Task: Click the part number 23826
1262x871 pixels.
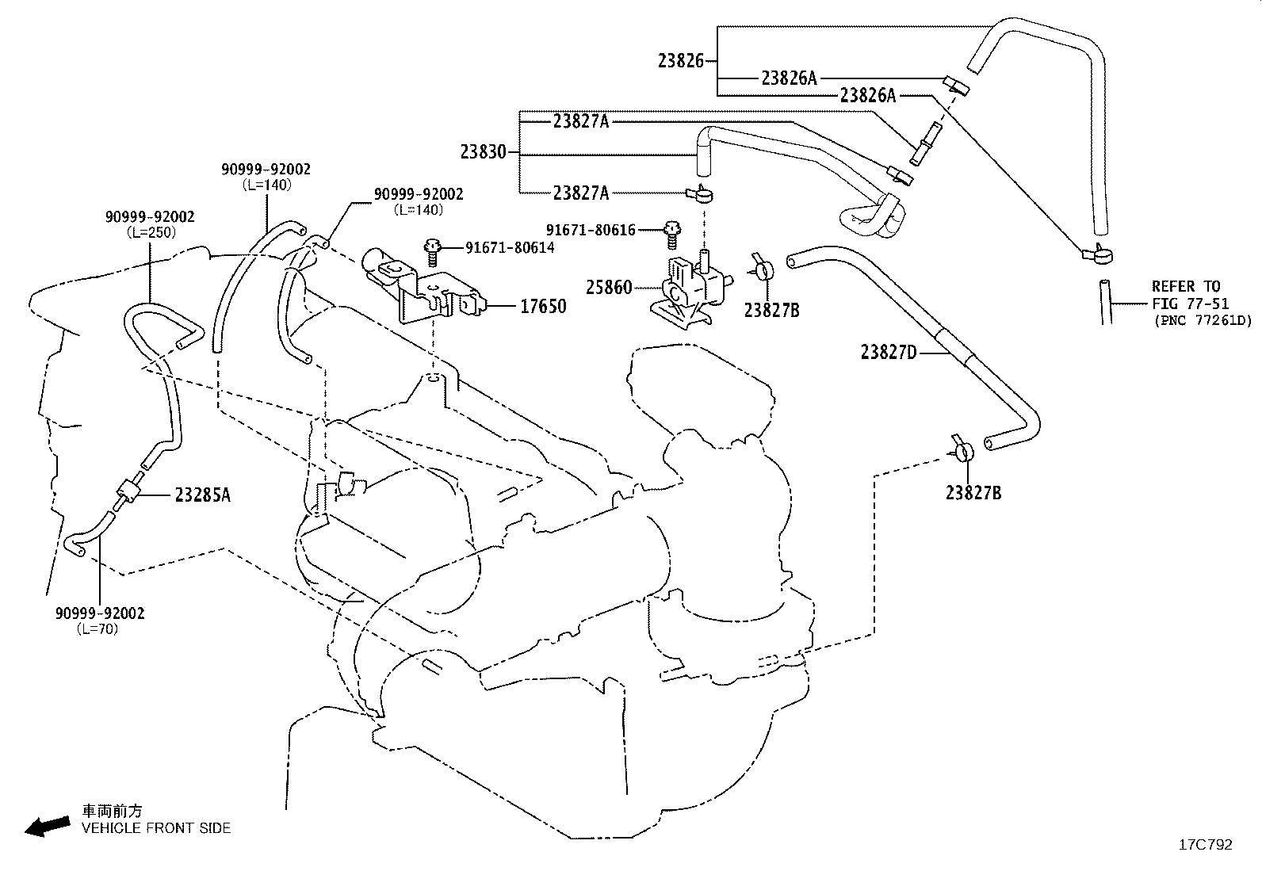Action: [x=681, y=61]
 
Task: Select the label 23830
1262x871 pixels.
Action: [x=483, y=152]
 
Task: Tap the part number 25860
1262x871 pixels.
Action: [x=609, y=288]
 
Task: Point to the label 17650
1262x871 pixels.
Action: [x=542, y=307]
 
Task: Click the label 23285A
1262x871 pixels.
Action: [x=202, y=495]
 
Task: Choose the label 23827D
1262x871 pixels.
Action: [x=889, y=353]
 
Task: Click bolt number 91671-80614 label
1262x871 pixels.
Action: [x=509, y=248]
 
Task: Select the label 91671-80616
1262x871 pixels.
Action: [x=591, y=230]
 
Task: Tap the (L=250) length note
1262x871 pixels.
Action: [x=151, y=232]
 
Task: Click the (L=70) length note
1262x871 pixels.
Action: [x=98, y=628]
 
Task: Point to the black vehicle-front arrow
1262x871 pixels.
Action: [x=48, y=827]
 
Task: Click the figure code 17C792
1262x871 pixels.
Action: [x=1206, y=845]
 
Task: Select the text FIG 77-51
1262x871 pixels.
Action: [x=1190, y=304]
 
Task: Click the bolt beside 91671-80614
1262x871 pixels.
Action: [x=432, y=253]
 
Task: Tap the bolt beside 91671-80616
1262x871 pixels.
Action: [x=671, y=235]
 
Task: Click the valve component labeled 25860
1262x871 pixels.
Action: [x=690, y=288]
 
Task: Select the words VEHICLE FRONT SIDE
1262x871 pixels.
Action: [x=156, y=828]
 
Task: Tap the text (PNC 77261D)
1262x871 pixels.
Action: [x=1203, y=320]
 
